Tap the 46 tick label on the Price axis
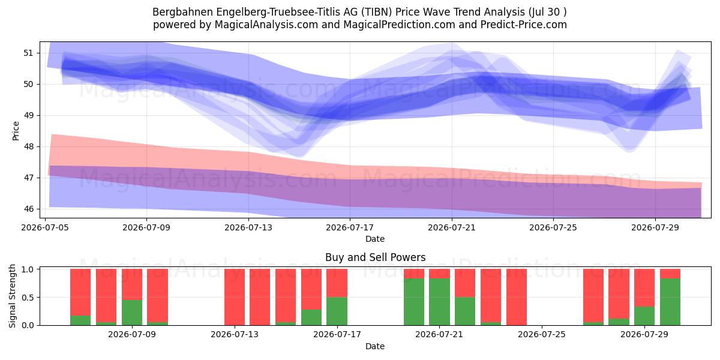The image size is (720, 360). [28, 209]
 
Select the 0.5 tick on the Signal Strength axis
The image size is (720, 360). [28, 298]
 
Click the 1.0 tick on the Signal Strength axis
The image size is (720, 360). [28, 269]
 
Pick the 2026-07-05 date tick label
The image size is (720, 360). [45, 227]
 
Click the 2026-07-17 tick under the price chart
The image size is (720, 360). [350, 227]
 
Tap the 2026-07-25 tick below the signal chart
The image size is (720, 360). [542, 334]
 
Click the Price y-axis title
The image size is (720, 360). [16, 131]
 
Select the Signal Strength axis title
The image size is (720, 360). [12, 296]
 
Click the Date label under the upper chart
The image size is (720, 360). [375, 239]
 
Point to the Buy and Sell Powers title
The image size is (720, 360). [375, 257]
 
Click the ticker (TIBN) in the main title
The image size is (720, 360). [376, 12]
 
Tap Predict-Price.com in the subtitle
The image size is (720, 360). [524, 25]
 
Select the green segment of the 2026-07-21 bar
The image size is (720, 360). [439, 302]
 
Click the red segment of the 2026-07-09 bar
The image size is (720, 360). [132, 284]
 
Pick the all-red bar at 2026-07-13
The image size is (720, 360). [235, 297]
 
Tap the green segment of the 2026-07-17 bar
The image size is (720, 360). [337, 311]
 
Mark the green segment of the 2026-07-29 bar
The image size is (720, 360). [644, 316]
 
